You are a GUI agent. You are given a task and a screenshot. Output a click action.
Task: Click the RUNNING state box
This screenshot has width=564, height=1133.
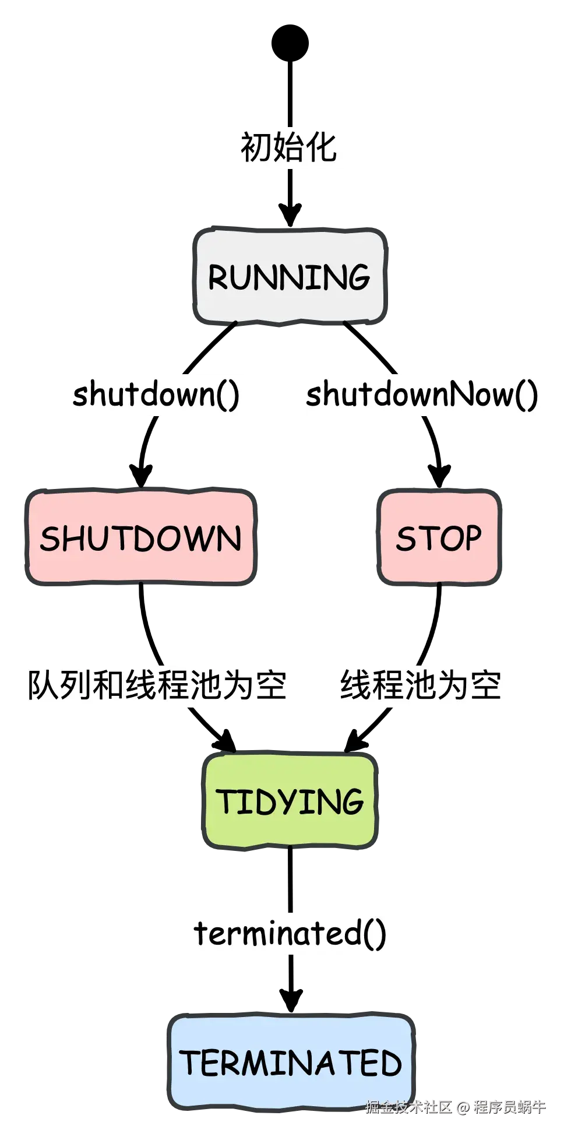point(290,277)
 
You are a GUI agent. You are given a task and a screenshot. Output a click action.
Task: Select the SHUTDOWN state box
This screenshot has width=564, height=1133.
point(140,538)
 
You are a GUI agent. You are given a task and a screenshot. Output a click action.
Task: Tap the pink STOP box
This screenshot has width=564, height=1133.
point(439,538)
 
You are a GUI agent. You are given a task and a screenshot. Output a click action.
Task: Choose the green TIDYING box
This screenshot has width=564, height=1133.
point(290,801)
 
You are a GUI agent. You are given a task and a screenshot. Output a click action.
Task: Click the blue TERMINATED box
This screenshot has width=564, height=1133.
point(290,1062)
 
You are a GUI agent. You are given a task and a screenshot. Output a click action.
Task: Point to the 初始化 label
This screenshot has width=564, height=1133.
point(290,148)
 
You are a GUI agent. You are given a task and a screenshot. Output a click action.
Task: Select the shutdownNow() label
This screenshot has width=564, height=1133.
point(423,395)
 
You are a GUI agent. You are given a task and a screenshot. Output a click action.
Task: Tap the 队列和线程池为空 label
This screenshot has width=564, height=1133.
point(157,685)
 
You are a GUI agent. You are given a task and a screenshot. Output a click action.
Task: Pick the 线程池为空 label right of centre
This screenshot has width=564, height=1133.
point(421,685)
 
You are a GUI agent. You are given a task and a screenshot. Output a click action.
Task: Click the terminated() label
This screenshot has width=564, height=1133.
point(290,933)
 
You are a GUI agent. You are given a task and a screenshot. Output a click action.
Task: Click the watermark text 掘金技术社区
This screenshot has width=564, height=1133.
point(408,1106)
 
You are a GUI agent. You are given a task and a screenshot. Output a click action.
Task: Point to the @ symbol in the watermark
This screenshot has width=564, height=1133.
point(463,1106)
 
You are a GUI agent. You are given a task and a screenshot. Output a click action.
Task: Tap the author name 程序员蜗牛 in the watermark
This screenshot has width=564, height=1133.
point(509,1106)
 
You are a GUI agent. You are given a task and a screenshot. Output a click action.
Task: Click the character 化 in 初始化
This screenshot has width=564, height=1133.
point(322,148)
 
